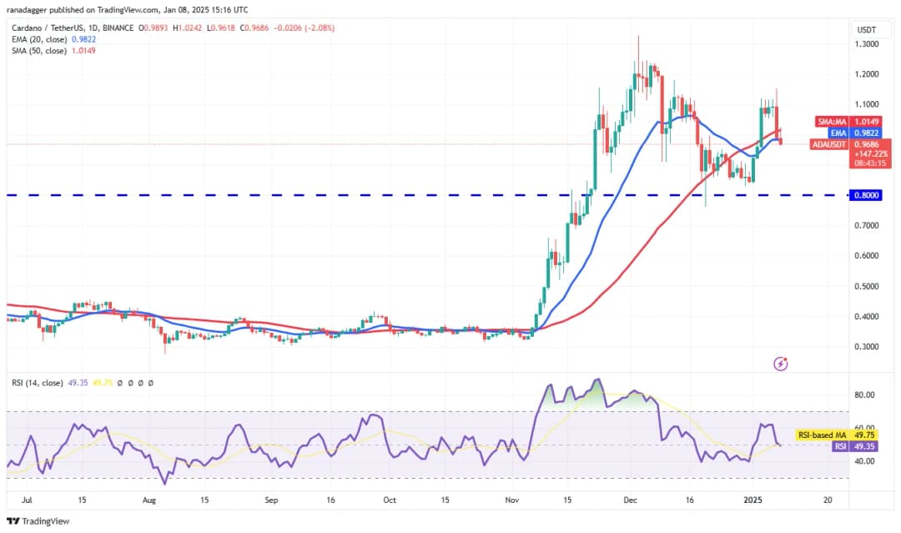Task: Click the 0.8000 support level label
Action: click(x=866, y=195)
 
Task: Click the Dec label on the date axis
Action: click(x=630, y=500)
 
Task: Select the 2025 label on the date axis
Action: click(x=753, y=500)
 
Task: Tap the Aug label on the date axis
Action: click(x=149, y=500)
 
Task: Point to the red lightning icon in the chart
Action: click(x=781, y=364)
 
